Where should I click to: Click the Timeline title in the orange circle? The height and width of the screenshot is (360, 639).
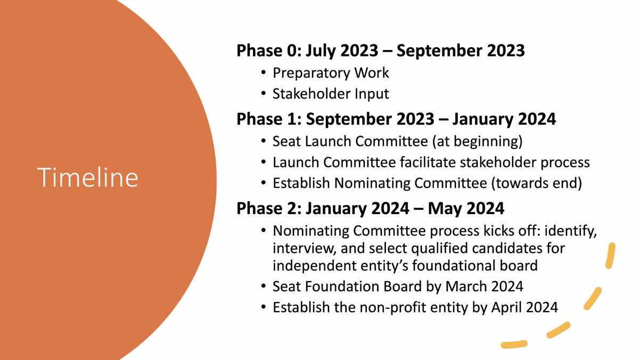pos(88,177)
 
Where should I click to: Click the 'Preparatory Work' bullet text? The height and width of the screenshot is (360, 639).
pos(331,72)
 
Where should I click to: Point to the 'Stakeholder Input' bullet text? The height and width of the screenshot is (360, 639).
pos(331,94)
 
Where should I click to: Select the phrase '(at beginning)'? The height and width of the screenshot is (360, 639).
pos(490,141)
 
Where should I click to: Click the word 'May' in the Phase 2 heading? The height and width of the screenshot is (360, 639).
pos(446,208)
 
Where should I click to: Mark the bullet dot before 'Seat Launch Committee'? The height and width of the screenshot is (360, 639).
pos(265,142)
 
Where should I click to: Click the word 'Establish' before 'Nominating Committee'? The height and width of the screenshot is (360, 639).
pos(301,184)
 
